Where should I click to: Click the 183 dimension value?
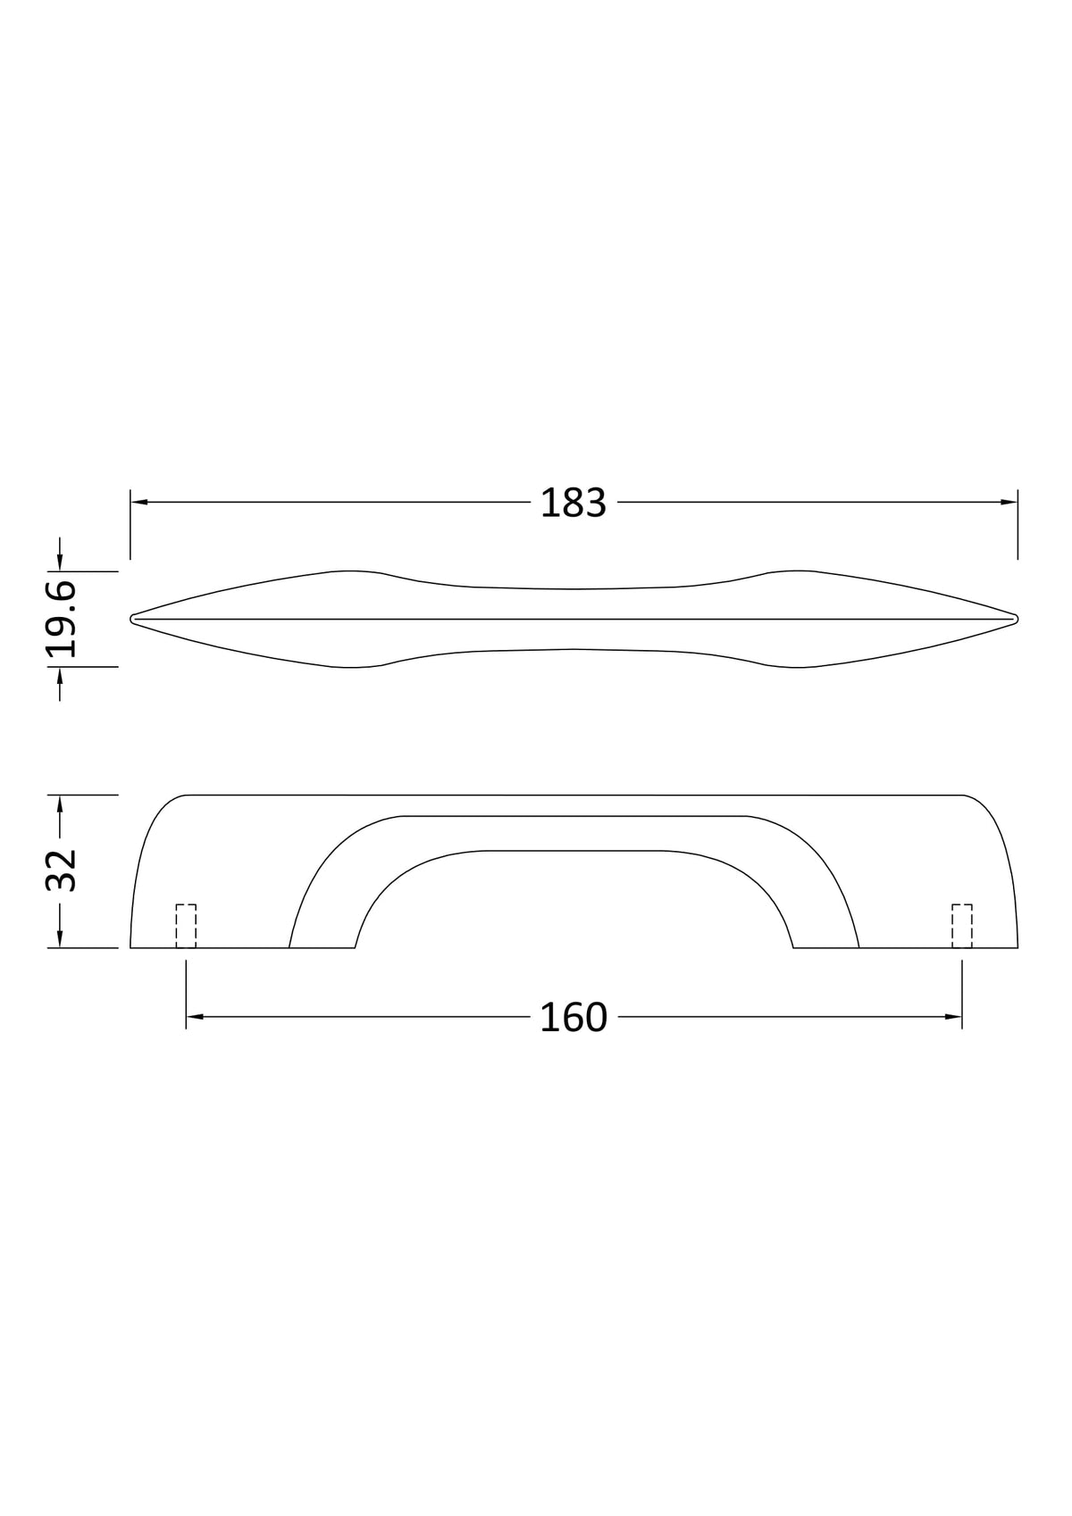573,503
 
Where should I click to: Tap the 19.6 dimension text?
62,619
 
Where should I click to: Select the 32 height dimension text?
62,870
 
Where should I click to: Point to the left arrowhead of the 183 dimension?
138,502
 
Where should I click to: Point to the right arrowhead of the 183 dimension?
1009,502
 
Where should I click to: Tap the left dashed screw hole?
186,926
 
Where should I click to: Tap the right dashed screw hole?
961,926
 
